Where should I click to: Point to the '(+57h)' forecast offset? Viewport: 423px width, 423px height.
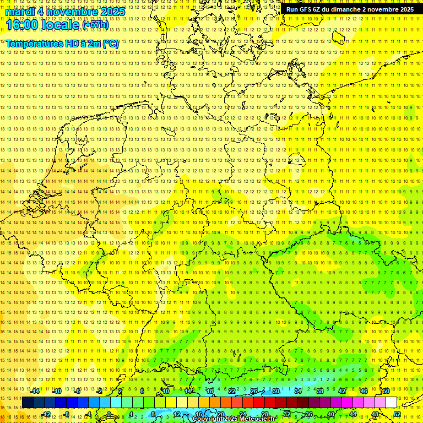tap(95, 25)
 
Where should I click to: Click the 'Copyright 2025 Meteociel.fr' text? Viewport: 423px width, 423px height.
tap(234, 419)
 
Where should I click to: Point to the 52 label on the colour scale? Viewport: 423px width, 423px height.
tap(397, 414)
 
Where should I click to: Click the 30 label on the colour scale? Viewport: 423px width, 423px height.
tap(275, 391)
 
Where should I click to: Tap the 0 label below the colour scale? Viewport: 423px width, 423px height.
tap(110, 414)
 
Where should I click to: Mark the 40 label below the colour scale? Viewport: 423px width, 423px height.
tap(331, 414)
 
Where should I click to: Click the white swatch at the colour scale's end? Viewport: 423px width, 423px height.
tap(391, 403)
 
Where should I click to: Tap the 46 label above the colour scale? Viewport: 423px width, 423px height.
tap(364, 391)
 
